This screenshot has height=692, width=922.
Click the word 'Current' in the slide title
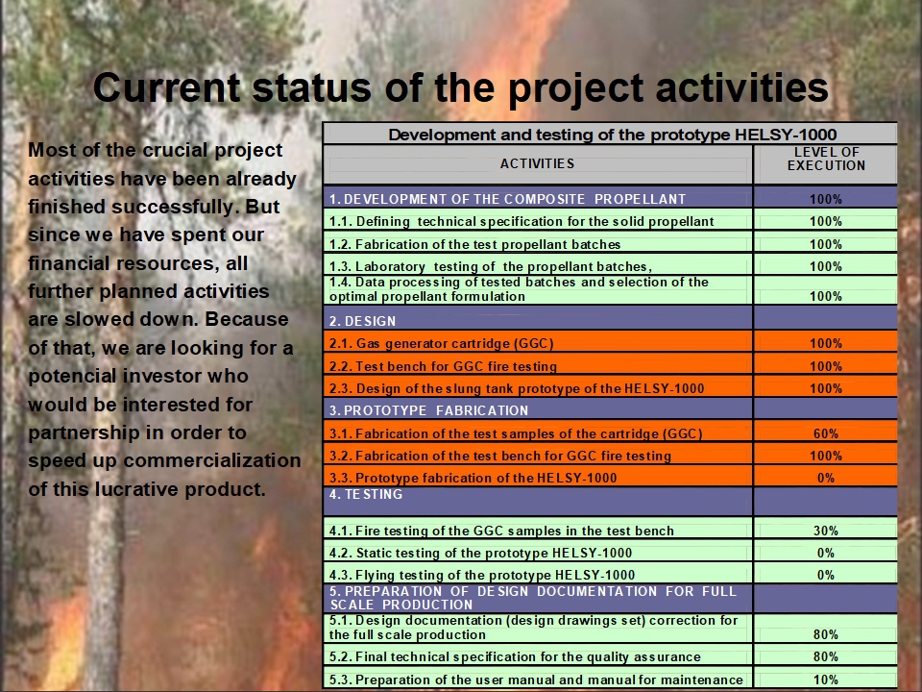[x=167, y=87]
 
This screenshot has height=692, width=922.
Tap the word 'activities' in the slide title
[x=741, y=87]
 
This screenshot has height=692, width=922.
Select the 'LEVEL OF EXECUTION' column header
[x=826, y=159]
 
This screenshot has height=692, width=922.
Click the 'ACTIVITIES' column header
[x=537, y=163]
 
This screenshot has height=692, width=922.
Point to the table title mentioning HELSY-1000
[x=612, y=135]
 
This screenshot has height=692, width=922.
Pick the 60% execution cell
[x=826, y=433]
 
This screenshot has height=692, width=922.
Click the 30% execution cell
[x=826, y=531]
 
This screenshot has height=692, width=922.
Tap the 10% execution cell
[x=826, y=680]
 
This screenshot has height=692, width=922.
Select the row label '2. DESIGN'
[x=362, y=321]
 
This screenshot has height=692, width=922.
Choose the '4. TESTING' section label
[x=366, y=494]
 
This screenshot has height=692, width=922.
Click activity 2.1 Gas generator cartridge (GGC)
[x=441, y=343]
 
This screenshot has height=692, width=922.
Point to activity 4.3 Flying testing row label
[x=481, y=575]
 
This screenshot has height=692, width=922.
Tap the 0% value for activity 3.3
[x=826, y=478]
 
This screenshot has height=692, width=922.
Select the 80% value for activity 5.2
[x=826, y=656]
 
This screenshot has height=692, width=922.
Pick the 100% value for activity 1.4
[x=826, y=296]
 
